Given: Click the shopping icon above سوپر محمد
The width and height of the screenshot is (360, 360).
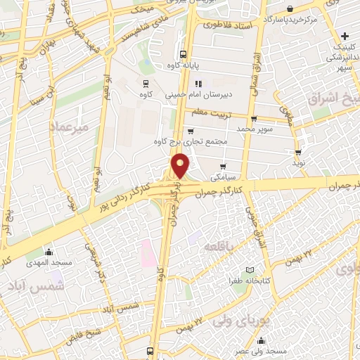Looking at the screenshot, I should (254, 119).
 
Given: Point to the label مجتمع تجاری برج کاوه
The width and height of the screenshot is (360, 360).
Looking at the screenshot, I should (193, 141).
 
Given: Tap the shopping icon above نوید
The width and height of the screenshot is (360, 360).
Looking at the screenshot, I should (299, 153).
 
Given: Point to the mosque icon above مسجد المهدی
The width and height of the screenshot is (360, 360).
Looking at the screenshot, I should (49, 252).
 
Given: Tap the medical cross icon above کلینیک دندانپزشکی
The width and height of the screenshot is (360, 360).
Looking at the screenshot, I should (344, 37).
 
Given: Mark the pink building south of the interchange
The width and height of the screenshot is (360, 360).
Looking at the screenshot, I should (147, 253).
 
